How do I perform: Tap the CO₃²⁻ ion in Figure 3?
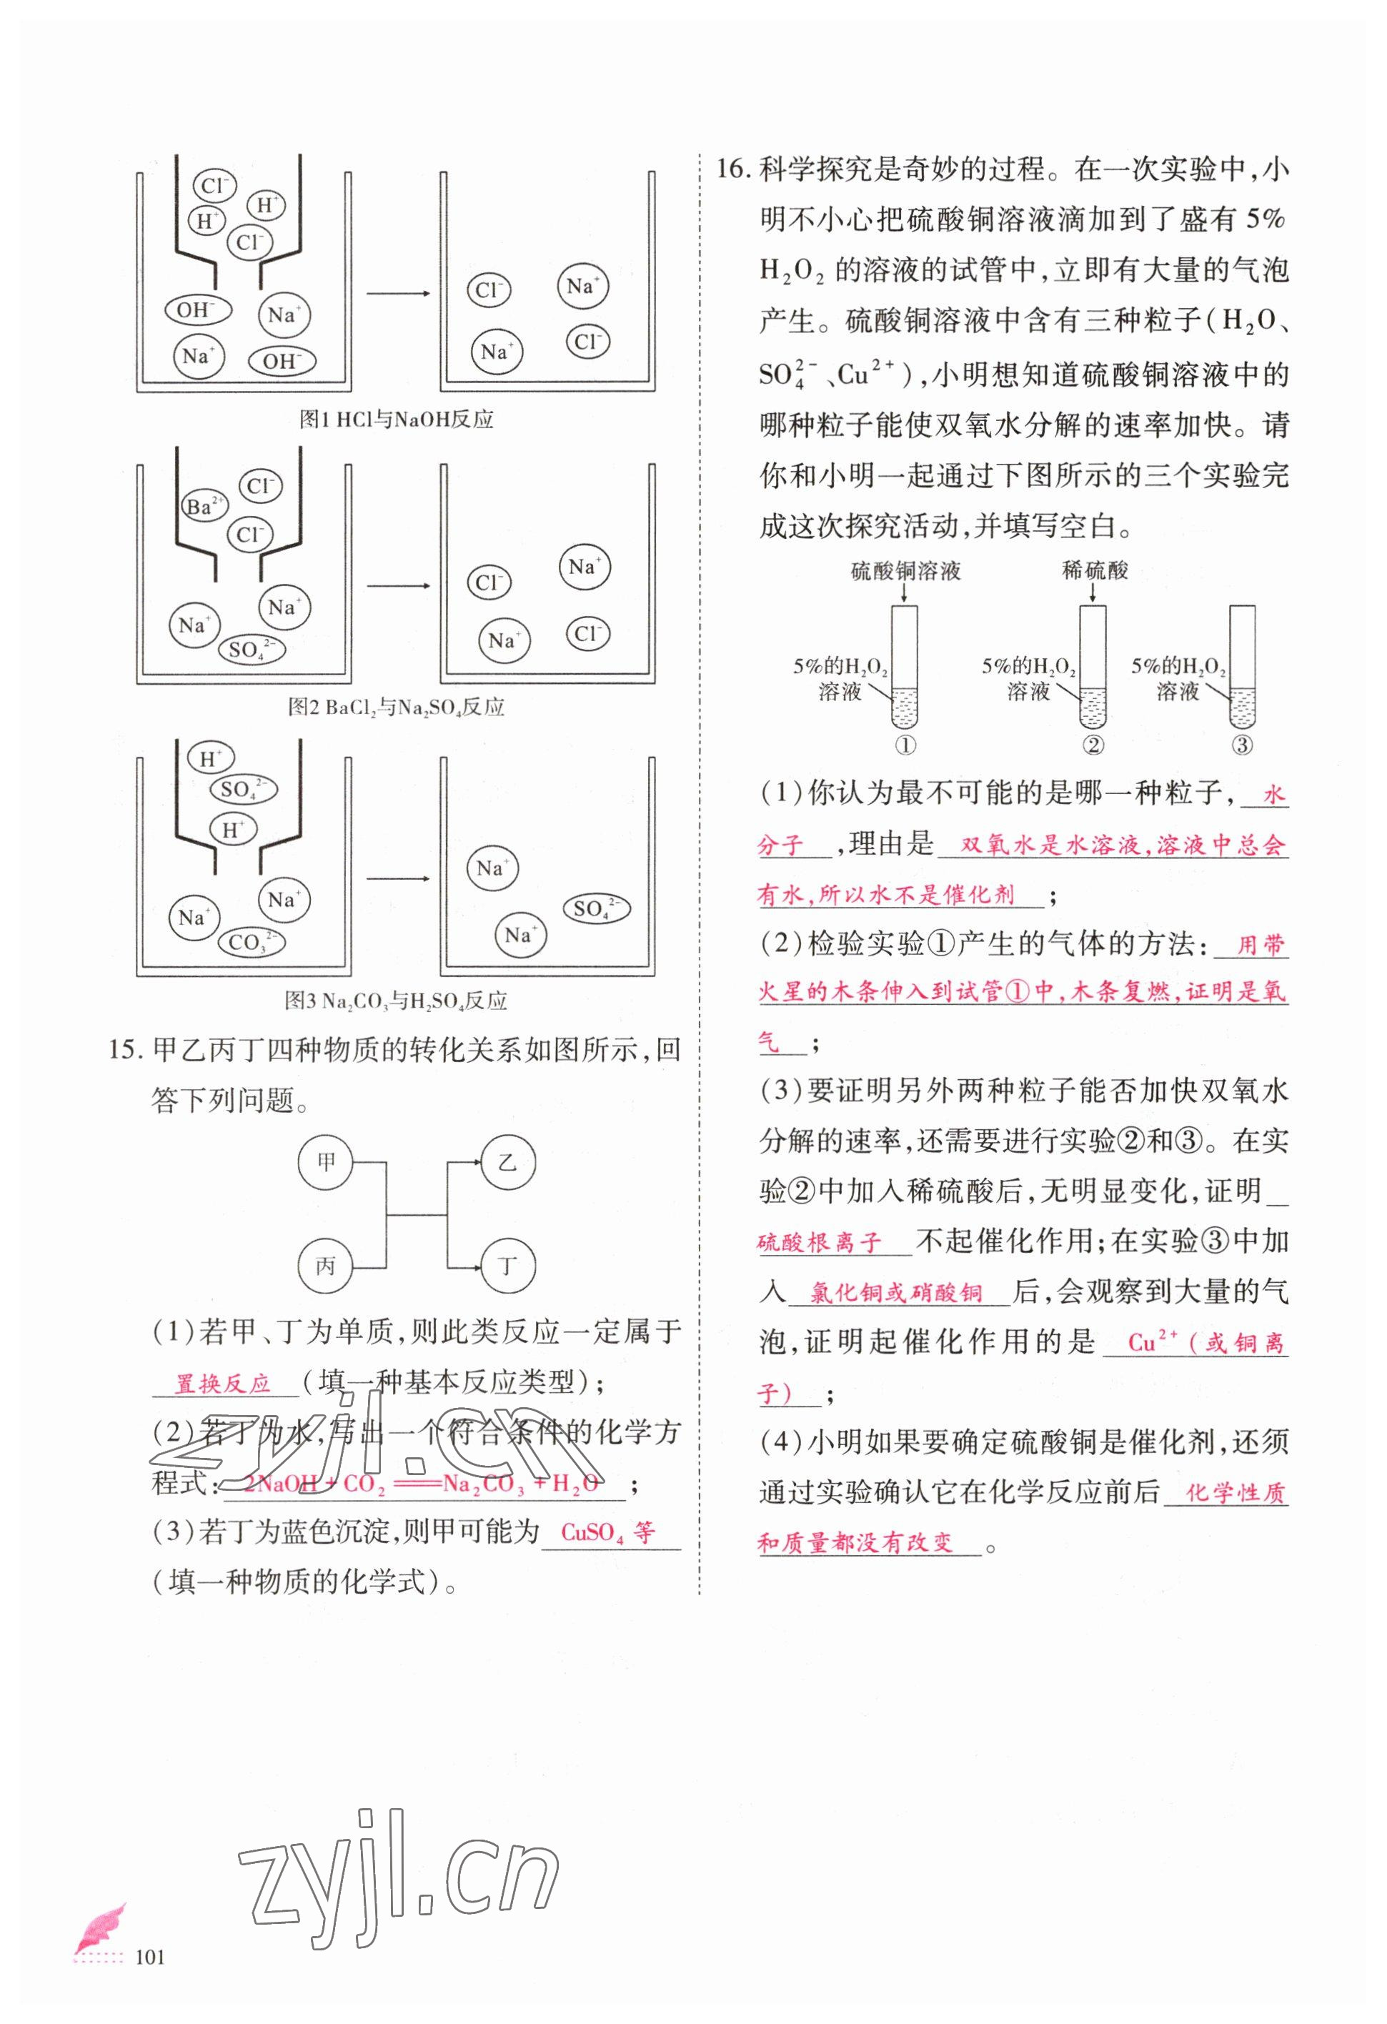[252, 941]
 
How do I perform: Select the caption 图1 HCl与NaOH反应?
[396, 420]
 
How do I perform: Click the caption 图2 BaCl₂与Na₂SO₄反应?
[396, 707]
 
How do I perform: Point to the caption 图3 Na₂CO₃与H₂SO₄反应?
[396, 1001]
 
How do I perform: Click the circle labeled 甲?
[326, 1162]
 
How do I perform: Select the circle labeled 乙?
[507, 1162]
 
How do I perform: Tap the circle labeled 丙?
[326, 1266]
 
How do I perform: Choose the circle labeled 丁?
[507, 1266]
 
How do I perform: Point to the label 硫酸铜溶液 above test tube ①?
[905, 571]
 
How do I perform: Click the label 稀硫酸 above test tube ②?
[1095, 570]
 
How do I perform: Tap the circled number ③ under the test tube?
[1243, 745]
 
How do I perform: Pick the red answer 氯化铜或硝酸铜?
[896, 1294]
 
